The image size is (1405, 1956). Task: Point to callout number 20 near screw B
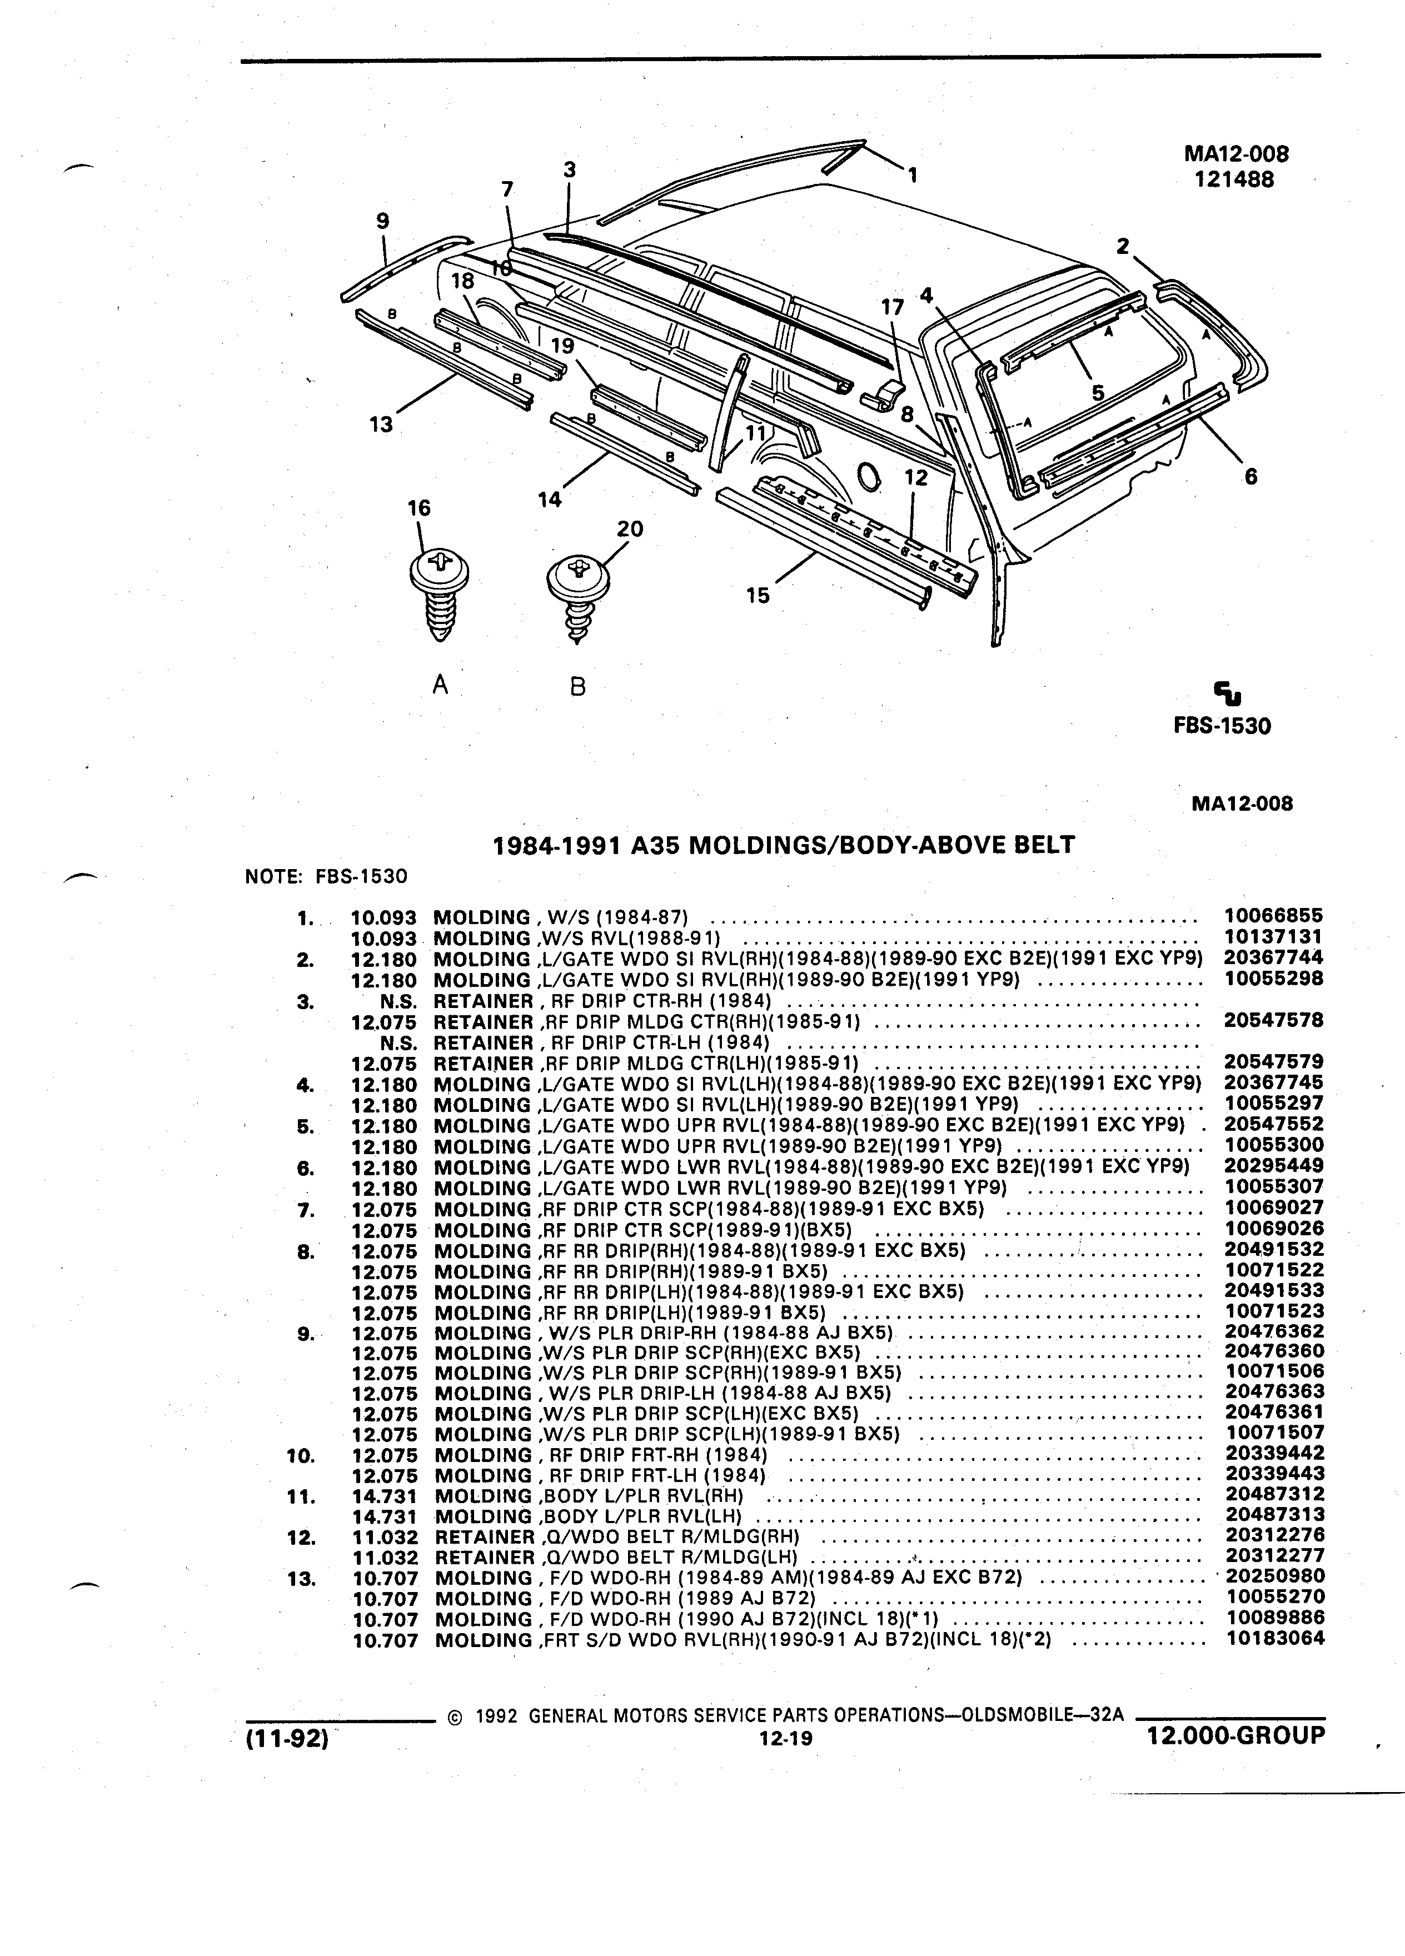click(x=630, y=528)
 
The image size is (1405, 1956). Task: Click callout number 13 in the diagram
click(x=380, y=425)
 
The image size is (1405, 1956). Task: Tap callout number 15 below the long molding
click(x=758, y=596)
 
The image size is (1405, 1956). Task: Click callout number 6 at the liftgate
click(x=1250, y=476)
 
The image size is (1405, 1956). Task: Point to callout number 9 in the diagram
click(x=383, y=221)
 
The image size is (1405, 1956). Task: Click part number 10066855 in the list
click(x=1274, y=915)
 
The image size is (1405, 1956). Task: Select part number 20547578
click(x=1274, y=1020)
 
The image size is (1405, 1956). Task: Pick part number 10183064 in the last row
click(x=1275, y=1638)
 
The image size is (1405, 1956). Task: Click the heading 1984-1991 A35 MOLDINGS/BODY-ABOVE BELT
click(x=783, y=844)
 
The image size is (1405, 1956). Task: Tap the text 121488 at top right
click(x=1235, y=179)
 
